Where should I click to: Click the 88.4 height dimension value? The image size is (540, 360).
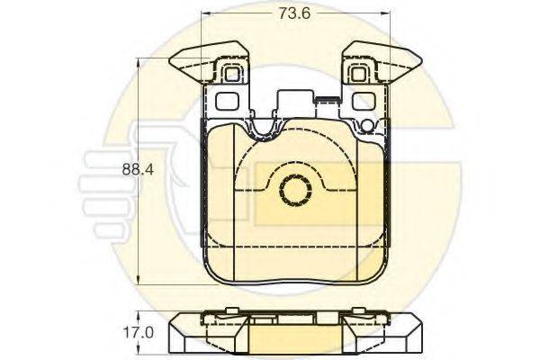[x=138, y=169]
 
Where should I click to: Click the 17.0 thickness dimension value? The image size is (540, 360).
[x=138, y=332]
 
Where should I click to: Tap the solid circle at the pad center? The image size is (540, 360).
[x=295, y=190]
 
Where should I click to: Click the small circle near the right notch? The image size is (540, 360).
[x=367, y=126]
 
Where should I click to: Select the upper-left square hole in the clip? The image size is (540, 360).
[x=232, y=74]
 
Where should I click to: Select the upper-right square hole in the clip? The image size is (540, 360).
[x=358, y=74]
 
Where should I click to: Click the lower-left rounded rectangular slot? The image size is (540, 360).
[x=227, y=101]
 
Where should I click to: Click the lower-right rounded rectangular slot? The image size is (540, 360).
[x=364, y=101]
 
